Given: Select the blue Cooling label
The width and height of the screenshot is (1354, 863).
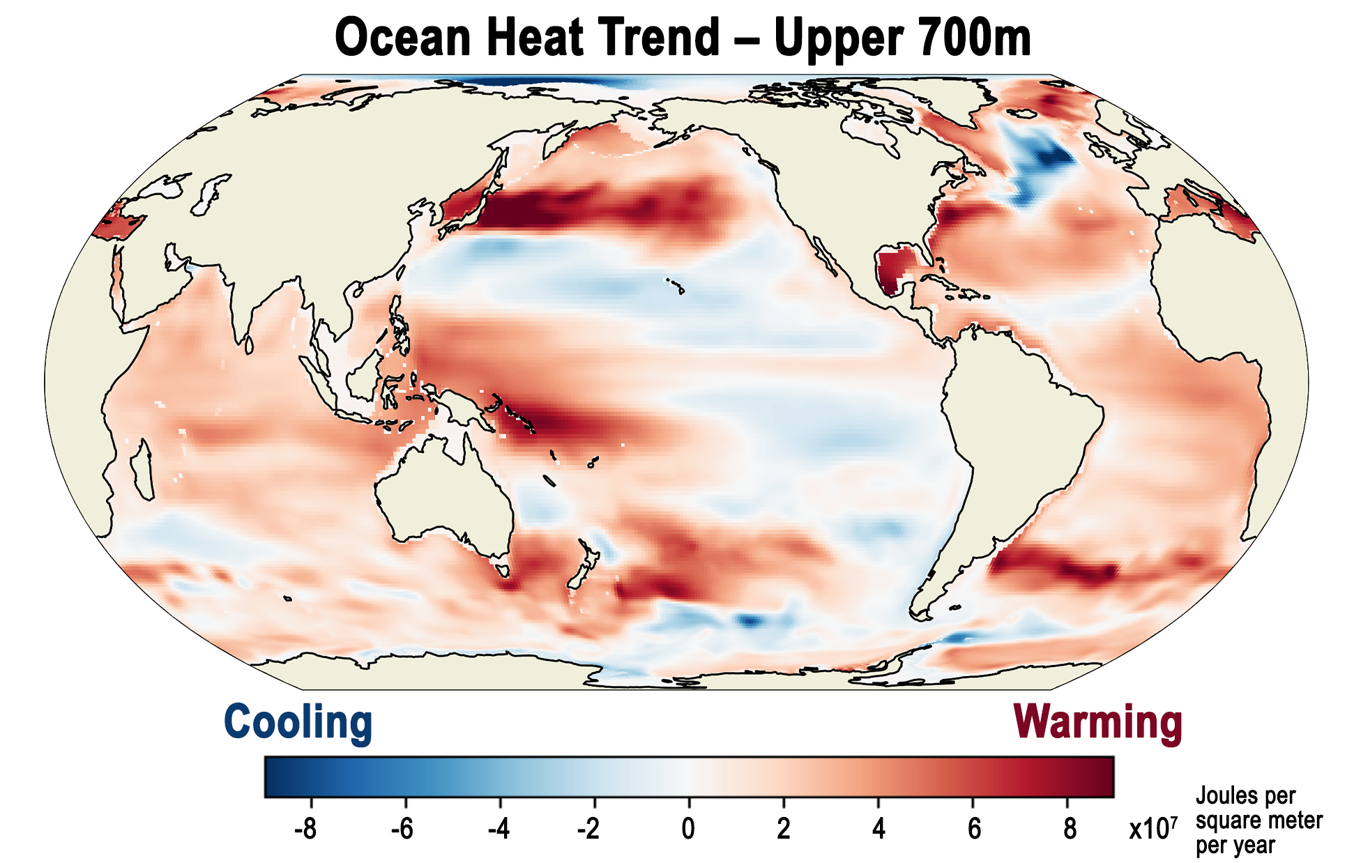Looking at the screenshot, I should click(298, 723).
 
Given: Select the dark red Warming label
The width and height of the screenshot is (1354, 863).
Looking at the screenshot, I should click(1097, 723).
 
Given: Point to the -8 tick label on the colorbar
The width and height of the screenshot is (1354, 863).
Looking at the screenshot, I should click(305, 829).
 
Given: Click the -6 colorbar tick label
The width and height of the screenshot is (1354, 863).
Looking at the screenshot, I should click(402, 829).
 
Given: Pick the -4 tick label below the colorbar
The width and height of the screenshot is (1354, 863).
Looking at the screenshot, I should click(497, 829).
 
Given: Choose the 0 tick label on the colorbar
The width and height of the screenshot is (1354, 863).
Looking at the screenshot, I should click(688, 829).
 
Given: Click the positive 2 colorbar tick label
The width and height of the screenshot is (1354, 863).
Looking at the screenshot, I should click(784, 829).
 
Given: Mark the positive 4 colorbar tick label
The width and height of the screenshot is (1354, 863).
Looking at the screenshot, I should click(878, 829).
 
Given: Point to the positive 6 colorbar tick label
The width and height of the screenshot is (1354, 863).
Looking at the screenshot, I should click(974, 829).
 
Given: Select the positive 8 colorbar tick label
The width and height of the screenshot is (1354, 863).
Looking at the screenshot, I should click(1070, 829).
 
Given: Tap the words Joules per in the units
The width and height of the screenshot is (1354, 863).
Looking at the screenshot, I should click(1245, 796).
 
